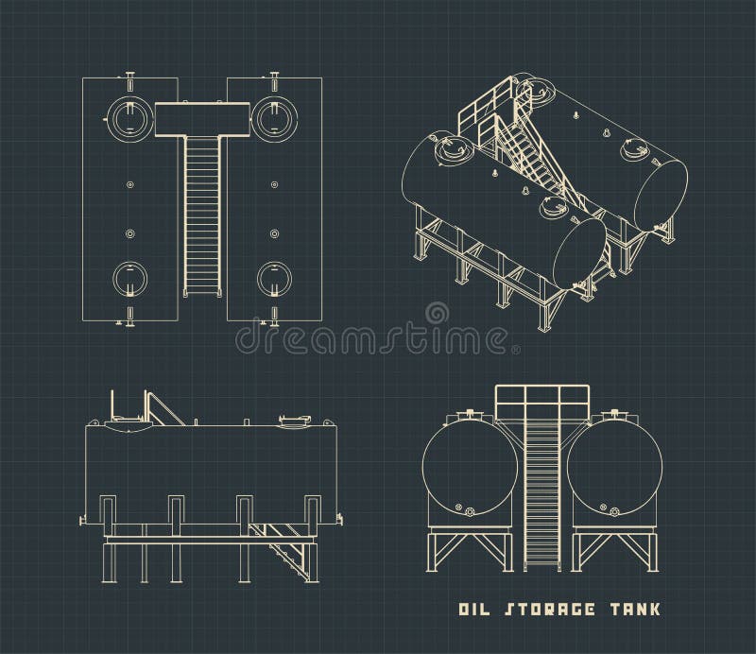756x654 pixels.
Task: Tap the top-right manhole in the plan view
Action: click(x=273, y=117)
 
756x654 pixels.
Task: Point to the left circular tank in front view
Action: click(x=470, y=469)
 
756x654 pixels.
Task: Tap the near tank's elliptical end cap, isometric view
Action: click(x=578, y=251)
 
